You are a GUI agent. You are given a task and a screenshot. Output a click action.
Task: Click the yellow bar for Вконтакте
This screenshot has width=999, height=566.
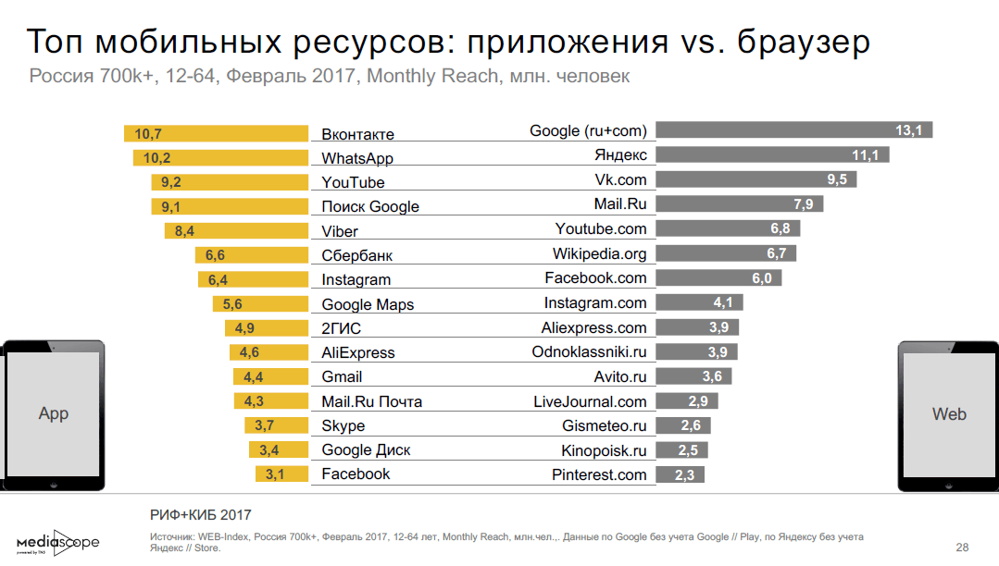tap(216, 134)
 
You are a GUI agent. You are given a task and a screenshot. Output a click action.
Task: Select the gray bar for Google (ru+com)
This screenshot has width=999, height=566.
tap(793, 130)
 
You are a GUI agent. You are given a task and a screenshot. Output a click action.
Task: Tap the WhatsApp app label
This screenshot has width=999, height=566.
tap(357, 158)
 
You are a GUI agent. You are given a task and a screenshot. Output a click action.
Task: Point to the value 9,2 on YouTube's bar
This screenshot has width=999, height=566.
tap(170, 182)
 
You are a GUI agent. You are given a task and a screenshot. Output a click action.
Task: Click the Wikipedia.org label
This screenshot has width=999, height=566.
tap(599, 253)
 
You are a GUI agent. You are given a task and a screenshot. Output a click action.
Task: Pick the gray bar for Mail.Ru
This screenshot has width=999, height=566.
tap(739, 203)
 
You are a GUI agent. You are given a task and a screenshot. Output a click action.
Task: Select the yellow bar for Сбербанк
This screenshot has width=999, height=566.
tap(251, 255)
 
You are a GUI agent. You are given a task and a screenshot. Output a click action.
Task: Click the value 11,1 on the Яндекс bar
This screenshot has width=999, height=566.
tap(865, 154)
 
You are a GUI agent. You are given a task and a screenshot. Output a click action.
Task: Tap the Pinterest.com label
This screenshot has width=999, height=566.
tap(599, 474)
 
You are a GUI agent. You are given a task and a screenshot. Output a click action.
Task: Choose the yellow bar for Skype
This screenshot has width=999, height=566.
tap(276, 425)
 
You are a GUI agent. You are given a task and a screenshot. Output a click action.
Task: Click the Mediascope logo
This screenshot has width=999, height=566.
tap(57, 542)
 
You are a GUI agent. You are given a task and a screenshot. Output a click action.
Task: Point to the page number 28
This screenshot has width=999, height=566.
tap(962, 546)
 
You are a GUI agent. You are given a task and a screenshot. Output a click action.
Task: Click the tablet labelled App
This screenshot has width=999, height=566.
tap(52, 414)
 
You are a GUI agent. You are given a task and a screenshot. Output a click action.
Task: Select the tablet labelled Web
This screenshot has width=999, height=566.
tap(949, 414)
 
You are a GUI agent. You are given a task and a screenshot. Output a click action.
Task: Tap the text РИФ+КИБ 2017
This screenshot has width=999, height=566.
tap(200, 515)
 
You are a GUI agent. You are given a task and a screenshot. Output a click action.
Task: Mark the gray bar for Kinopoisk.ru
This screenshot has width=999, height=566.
tap(681, 450)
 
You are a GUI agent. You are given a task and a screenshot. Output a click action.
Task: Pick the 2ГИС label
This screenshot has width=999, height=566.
tap(341, 328)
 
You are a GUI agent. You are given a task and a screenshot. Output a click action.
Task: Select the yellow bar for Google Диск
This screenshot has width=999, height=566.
tap(279, 450)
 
